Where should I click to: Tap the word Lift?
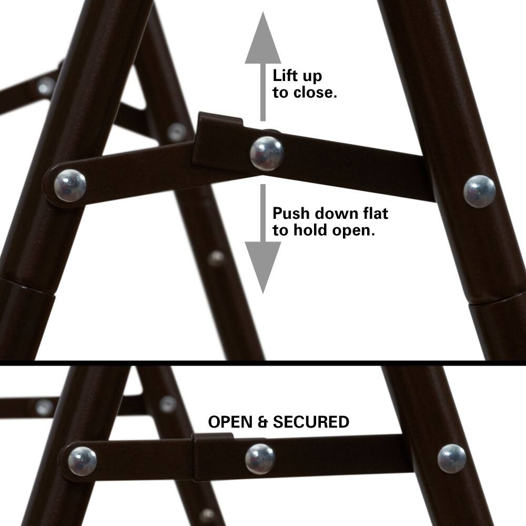click(287, 75)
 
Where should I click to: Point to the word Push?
click(291, 214)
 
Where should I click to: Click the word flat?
click(375, 214)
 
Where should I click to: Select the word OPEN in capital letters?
click(230, 422)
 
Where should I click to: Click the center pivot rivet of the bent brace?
click(267, 153)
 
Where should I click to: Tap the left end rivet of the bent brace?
click(70, 185)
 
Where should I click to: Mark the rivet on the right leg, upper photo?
click(479, 191)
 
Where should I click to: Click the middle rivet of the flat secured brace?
click(260, 459)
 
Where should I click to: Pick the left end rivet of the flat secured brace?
click(82, 461)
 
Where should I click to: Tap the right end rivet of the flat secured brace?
click(451, 458)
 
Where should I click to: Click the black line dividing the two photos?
click(263, 363)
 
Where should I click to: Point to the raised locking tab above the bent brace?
click(220, 122)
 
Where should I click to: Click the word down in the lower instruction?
click(341, 214)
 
